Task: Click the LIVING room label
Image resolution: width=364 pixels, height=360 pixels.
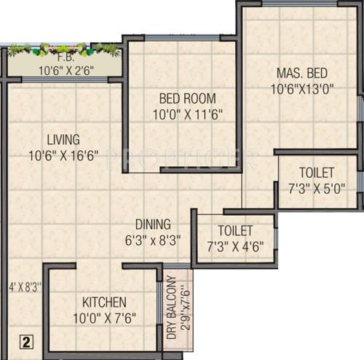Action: click(63, 139)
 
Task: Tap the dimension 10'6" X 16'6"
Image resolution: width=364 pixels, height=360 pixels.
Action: click(63, 154)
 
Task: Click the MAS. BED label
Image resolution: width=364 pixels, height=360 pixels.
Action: click(301, 73)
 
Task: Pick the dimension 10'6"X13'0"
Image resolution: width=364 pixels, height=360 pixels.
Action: click(301, 89)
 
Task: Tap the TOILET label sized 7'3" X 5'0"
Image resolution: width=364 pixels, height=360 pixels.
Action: click(317, 173)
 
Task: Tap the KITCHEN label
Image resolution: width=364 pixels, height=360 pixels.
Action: click(104, 302)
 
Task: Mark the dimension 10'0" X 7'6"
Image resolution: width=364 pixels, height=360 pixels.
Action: click(104, 317)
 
